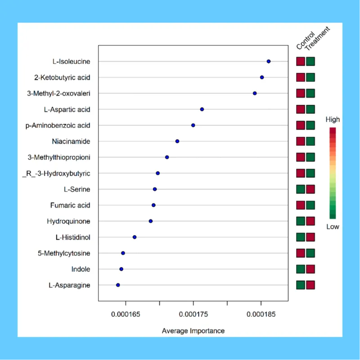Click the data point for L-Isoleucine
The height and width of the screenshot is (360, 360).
[269, 61]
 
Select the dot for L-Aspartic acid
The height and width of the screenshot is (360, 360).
[202, 109]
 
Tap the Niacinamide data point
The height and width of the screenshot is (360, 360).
[177, 141]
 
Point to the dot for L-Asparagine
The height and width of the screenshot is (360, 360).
[118, 285]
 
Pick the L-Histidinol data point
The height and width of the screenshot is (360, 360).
[135, 237]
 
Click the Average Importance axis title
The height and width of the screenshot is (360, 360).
[193, 331]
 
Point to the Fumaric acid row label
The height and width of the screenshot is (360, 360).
[70, 205]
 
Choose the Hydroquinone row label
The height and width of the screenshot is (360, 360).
[68, 221]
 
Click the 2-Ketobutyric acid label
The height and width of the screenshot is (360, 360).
[62, 77]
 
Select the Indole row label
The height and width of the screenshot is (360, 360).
[81, 269]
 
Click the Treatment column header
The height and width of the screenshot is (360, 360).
[317, 37]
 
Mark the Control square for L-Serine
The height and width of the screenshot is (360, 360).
[301, 189]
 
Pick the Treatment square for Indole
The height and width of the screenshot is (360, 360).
[310, 269]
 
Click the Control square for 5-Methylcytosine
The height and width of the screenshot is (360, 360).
[301, 253]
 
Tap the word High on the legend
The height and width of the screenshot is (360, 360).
[333, 120]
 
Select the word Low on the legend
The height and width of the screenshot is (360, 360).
[333, 227]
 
